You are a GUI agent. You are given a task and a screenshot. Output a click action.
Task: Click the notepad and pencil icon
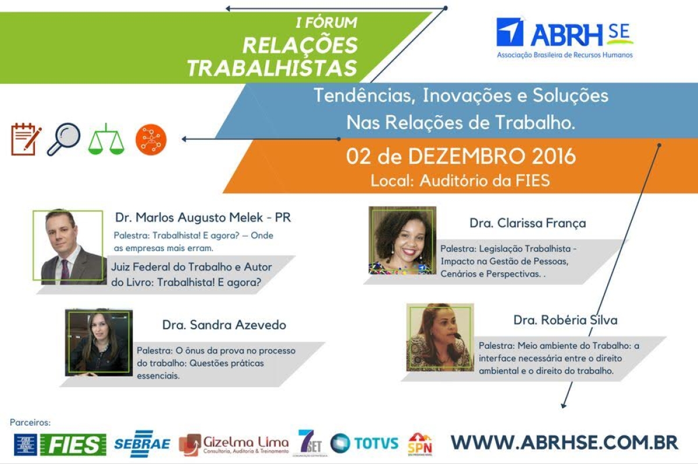point(26,139)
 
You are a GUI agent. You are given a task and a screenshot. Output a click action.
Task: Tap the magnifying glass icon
point(63,139)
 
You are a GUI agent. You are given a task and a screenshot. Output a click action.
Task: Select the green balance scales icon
point(106,139)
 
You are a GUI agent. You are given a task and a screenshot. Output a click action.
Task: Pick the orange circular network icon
point(151,140)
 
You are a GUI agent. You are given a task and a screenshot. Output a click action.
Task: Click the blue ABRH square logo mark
point(510,32)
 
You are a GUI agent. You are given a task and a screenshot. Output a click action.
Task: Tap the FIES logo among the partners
point(73,444)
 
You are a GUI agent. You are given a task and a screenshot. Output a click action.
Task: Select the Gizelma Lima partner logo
point(233,444)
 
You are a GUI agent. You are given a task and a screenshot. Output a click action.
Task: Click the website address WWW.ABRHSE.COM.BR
point(564,442)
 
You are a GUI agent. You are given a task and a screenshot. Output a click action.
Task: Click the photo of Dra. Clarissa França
point(402,240)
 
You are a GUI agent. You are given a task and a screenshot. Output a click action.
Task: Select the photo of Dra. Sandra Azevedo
point(99,342)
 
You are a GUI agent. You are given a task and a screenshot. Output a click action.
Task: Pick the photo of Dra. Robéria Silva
point(440,337)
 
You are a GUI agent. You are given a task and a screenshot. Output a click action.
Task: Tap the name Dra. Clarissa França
point(528,223)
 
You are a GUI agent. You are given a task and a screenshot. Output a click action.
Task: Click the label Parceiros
point(30,422)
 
